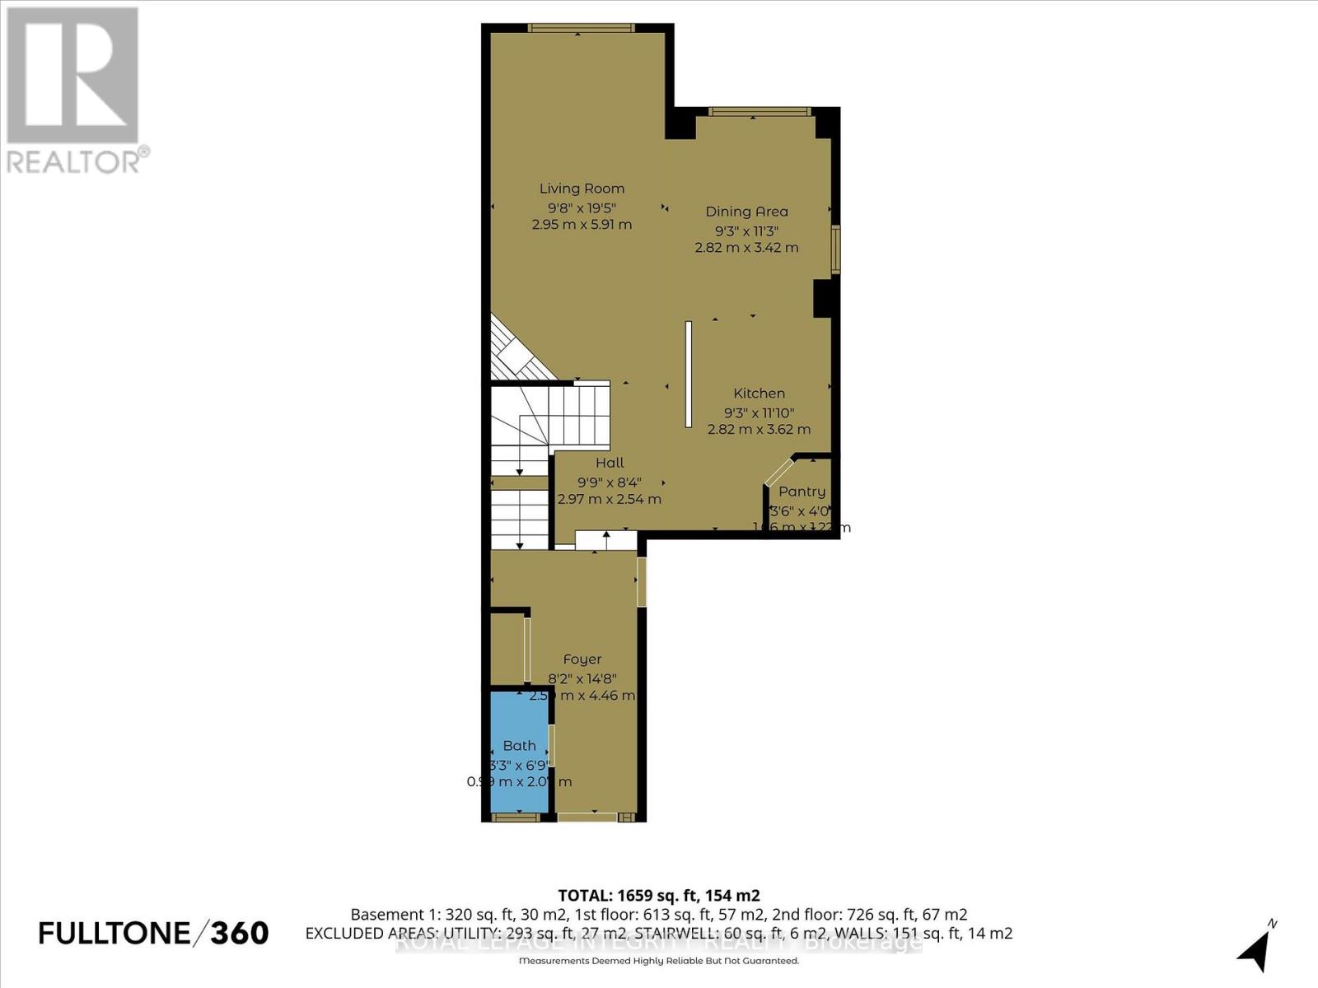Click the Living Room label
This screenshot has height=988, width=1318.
click(582, 189)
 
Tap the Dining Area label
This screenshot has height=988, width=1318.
click(746, 212)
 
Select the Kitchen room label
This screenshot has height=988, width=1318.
click(759, 394)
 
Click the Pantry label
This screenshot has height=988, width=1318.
click(802, 492)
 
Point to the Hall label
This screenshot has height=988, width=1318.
click(610, 463)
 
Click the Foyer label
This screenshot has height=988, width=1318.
click(582, 659)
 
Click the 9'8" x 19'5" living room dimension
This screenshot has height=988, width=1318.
click(582, 207)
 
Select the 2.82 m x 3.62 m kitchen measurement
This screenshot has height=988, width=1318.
click(759, 429)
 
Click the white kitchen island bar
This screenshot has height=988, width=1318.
click(689, 374)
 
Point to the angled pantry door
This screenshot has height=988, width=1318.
click(778, 471)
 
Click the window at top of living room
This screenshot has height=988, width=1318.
click(581, 28)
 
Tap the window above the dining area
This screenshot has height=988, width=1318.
click(759, 112)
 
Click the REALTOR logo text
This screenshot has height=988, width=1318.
click(77, 160)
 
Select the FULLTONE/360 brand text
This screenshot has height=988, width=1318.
click(153, 933)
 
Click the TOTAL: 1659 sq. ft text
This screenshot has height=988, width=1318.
click(658, 895)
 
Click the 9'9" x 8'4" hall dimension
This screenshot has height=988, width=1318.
click(610, 482)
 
